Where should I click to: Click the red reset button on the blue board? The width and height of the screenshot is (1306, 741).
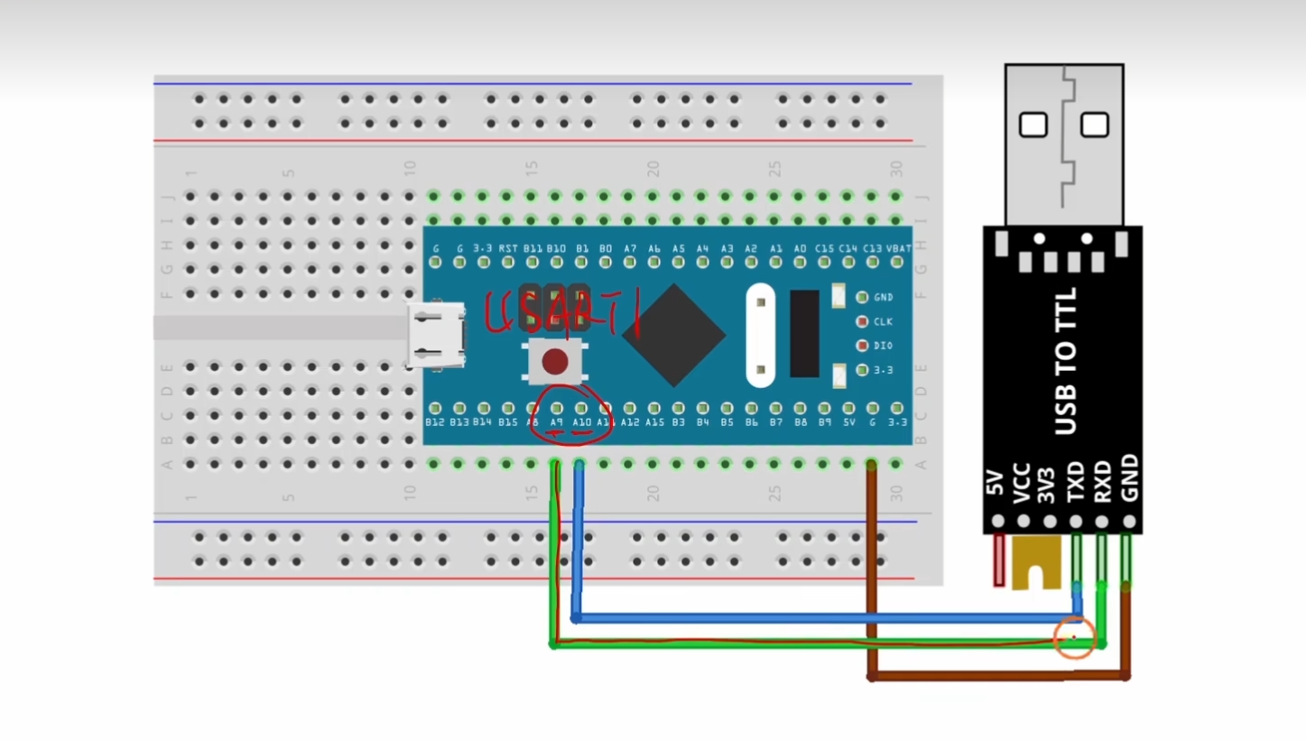click(x=555, y=362)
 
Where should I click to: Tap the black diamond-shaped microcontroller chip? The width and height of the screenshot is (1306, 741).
click(x=673, y=335)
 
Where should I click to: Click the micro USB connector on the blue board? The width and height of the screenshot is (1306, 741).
click(x=437, y=335)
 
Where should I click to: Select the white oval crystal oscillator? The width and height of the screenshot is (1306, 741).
click(x=761, y=335)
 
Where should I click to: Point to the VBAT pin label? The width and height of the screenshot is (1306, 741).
click(x=898, y=248)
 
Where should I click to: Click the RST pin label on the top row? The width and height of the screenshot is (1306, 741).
click(x=508, y=248)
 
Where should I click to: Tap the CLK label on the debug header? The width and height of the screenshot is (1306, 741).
click(x=883, y=321)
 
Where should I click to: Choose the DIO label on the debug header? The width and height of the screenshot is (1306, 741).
click(x=883, y=346)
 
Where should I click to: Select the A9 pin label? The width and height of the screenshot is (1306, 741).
click(x=557, y=422)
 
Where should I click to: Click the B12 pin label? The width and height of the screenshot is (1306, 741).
click(x=435, y=422)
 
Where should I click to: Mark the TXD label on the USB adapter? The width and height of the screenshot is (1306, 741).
click(x=1076, y=482)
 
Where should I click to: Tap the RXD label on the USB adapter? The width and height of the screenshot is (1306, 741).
click(x=1102, y=482)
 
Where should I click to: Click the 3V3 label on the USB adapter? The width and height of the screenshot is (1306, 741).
click(x=1048, y=486)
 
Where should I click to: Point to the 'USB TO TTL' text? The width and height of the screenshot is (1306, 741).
click(x=1066, y=361)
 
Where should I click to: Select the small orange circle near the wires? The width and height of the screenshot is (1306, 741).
click(x=1074, y=638)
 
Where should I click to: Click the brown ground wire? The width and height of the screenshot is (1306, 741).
click(x=993, y=675)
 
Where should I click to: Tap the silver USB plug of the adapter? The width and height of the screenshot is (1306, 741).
click(x=1064, y=144)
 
